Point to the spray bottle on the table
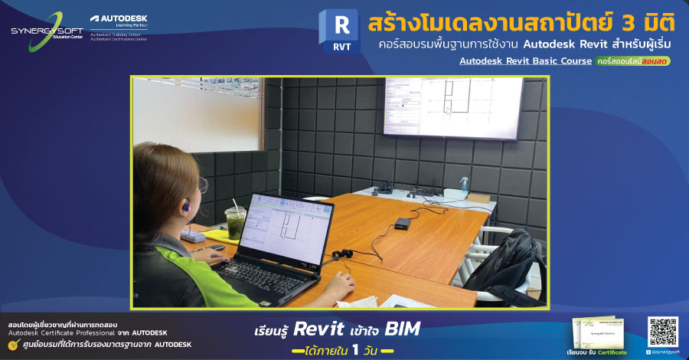[463, 185]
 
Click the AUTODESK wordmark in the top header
[123, 18]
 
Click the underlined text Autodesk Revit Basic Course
[525, 61]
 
